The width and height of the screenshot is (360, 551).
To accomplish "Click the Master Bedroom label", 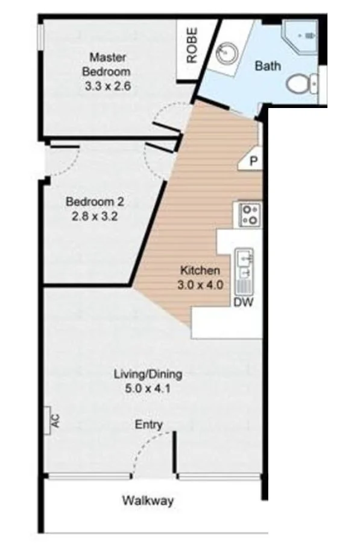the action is [106, 65].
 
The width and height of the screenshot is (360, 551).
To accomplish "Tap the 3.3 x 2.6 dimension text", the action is [108, 86].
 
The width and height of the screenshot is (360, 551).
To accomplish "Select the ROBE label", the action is [192, 45].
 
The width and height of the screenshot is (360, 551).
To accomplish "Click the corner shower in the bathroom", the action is [301, 36].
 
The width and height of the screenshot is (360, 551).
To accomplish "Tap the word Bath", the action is [268, 66].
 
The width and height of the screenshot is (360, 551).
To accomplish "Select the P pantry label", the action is [254, 161].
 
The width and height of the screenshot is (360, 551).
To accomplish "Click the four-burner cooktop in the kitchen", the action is [250, 215].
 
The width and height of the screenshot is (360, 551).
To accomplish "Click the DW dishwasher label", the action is [244, 302].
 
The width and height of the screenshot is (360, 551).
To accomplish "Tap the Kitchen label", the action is [200, 270].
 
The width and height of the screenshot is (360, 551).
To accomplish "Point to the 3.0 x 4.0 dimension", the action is [200, 285].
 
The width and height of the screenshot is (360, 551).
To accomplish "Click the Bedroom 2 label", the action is [95, 202].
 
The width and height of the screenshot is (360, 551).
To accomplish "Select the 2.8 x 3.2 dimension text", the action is [95, 216].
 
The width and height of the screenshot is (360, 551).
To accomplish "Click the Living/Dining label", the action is [148, 375].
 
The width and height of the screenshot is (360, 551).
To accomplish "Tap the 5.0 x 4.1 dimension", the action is [148, 389].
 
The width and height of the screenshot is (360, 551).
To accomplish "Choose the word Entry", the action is [148, 425].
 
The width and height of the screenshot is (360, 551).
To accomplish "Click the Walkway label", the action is [148, 500].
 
